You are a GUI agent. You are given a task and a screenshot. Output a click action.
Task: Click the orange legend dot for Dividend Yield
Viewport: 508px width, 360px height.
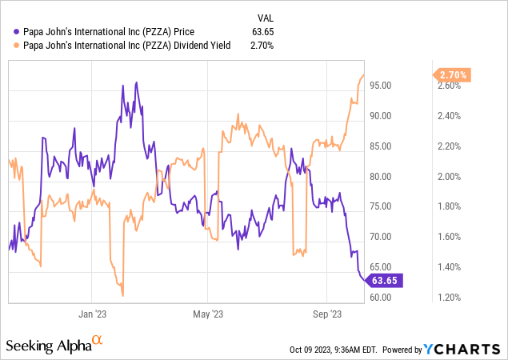tap(9, 46)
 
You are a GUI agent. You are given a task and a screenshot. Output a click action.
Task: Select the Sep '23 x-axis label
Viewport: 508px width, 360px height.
tap(327, 314)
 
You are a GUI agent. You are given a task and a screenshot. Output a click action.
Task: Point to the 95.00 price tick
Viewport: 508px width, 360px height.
tap(389, 85)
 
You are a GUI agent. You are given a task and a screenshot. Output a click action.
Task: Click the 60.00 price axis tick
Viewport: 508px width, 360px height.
tap(389, 298)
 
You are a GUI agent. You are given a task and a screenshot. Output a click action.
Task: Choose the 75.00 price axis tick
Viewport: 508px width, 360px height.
tap(389, 206)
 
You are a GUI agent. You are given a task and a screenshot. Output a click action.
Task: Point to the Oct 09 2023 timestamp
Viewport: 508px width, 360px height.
tap(334, 350)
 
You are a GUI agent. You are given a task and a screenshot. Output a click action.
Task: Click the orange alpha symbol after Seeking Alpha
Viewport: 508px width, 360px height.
tap(98, 342)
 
